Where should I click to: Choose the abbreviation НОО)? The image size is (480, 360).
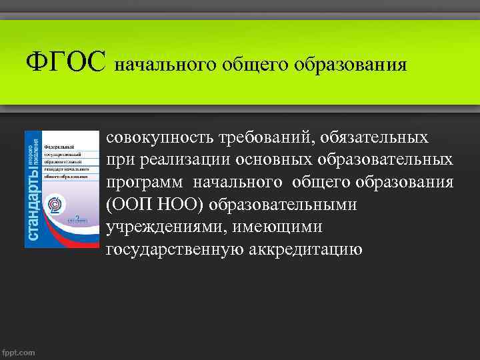click(x=185, y=205)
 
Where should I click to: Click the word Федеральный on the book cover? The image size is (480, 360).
click(x=58, y=145)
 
